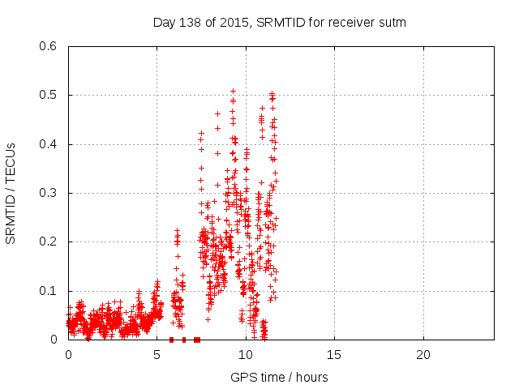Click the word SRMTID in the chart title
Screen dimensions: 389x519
(x=277, y=23)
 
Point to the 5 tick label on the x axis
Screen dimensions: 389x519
(x=157, y=355)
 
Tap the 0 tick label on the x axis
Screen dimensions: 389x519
(x=69, y=355)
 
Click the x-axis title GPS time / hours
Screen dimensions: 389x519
(x=279, y=377)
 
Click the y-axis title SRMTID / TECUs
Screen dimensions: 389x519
(x=11, y=193)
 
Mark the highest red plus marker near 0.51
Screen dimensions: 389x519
(x=233, y=92)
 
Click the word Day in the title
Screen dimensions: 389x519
(x=165, y=23)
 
